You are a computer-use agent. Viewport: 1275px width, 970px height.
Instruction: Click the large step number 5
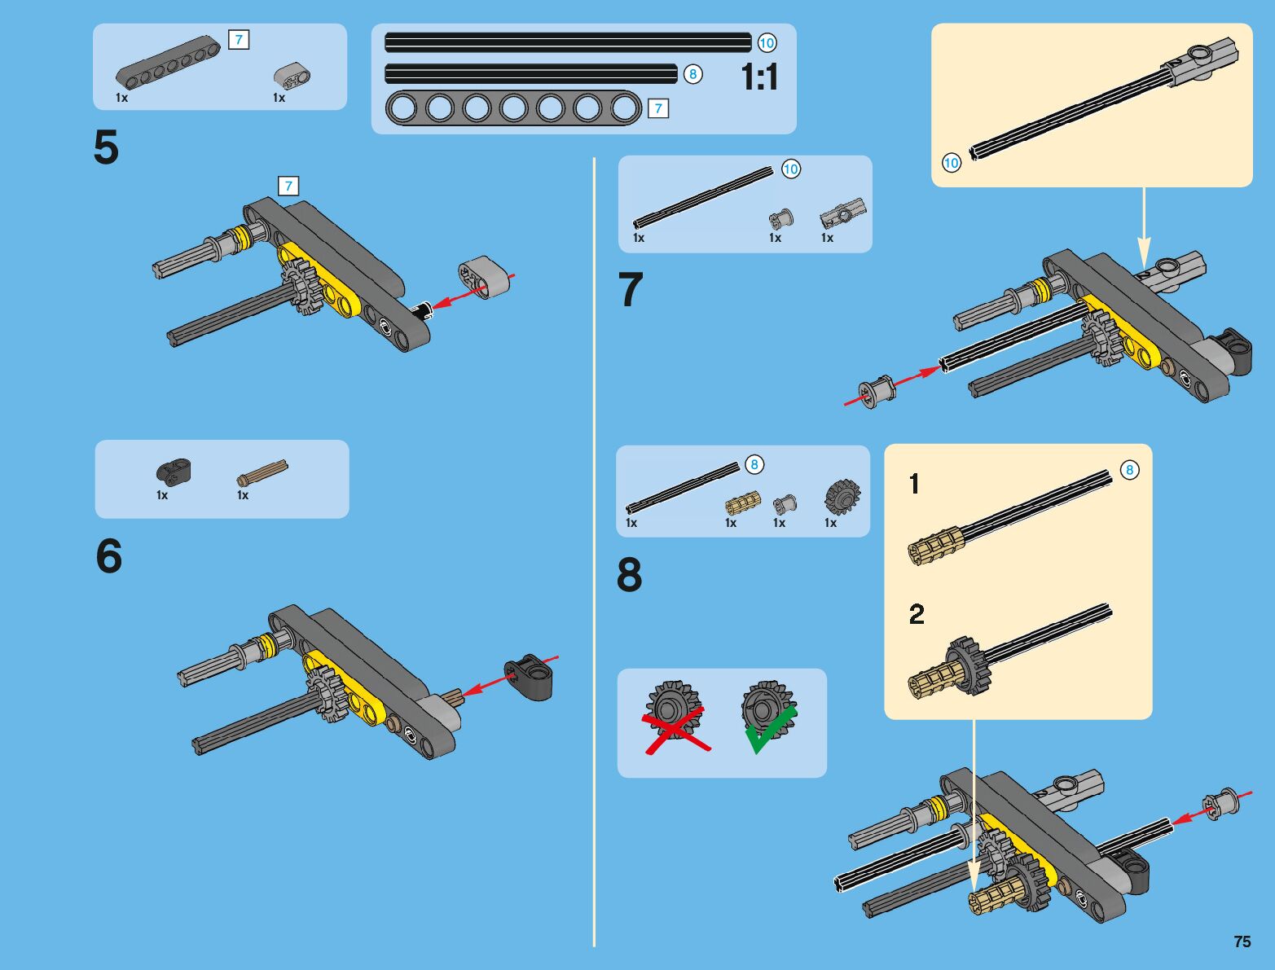point(106,147)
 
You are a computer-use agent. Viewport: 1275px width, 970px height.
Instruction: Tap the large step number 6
point(108,555)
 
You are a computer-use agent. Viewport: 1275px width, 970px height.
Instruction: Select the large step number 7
point(631,289)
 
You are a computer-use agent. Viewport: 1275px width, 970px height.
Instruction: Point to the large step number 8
point(630,575)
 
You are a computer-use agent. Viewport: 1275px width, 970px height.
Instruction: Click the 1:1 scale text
point(759,77)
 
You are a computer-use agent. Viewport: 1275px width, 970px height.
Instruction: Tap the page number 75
point(1242,941)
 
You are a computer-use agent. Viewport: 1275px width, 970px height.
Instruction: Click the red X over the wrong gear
point(676,731)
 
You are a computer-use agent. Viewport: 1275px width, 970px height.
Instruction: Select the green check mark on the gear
point(770,730)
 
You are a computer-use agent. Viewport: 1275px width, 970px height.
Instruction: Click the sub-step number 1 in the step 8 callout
point(914,484)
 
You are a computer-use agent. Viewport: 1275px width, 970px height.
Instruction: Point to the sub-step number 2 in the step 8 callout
point(917,614)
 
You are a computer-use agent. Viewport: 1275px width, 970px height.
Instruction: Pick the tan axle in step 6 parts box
point(262,472)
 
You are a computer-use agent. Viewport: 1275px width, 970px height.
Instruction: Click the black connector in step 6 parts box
point(173,471)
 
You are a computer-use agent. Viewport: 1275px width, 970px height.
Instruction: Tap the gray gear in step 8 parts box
point(842,498)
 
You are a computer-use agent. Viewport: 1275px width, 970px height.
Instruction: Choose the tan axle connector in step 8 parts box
point(743,503)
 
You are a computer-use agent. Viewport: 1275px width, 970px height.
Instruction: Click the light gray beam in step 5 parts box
point(292,76)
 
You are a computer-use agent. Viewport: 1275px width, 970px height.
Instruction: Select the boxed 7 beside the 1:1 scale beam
point(658,108)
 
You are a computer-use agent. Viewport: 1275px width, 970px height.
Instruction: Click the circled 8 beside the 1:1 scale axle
point(692,74)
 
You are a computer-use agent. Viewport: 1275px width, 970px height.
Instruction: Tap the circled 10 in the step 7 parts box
point(790,169)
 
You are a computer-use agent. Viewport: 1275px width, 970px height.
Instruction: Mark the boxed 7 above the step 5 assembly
point(288,186)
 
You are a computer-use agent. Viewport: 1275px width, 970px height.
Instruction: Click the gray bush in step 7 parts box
point(781,219)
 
